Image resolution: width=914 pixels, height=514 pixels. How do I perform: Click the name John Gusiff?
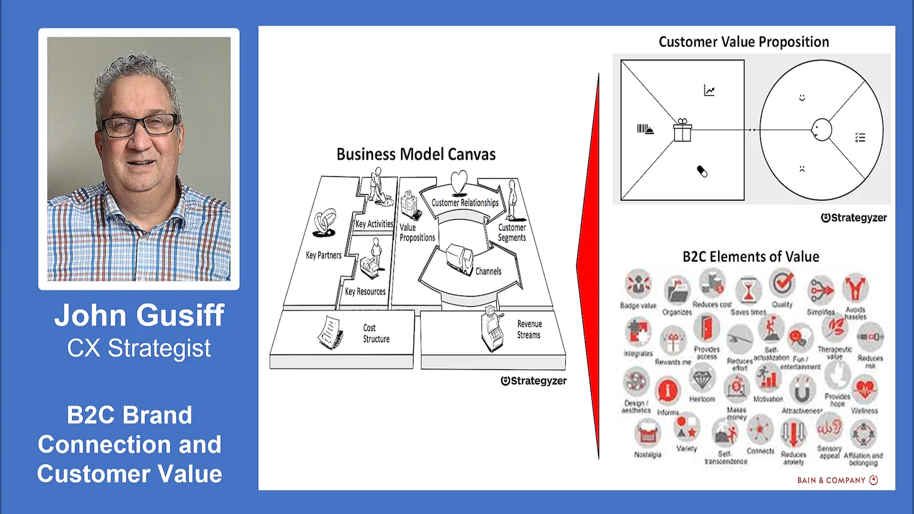point(139,315)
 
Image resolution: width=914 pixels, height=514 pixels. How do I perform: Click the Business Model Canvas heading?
point(416,154)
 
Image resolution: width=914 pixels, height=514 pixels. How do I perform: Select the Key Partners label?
point(324,255)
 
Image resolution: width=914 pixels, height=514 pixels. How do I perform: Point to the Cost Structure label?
point(376,333)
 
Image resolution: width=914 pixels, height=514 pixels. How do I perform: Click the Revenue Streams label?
point(529,329)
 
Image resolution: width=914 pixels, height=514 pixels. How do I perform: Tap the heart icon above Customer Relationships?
point(459,181)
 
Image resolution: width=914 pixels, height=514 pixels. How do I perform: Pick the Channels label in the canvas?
point(488,271)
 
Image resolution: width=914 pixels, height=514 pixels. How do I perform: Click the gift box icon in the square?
point(683,130)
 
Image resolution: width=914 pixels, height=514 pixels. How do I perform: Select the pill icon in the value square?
point(702,172)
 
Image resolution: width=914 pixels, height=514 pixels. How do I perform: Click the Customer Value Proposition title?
point(743,42)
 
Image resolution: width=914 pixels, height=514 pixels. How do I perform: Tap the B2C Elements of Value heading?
point(750,257)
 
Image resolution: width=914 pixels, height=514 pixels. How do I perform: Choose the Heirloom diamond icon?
point(702,379)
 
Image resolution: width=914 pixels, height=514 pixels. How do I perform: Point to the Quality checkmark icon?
point(782,282)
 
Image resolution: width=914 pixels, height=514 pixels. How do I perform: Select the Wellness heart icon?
point(864,390)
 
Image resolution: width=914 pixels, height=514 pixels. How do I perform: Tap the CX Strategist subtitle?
point(139,348)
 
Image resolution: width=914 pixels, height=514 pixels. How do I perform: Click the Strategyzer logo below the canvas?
point(534,381)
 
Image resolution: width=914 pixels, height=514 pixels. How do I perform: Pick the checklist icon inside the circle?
point(860,138)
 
